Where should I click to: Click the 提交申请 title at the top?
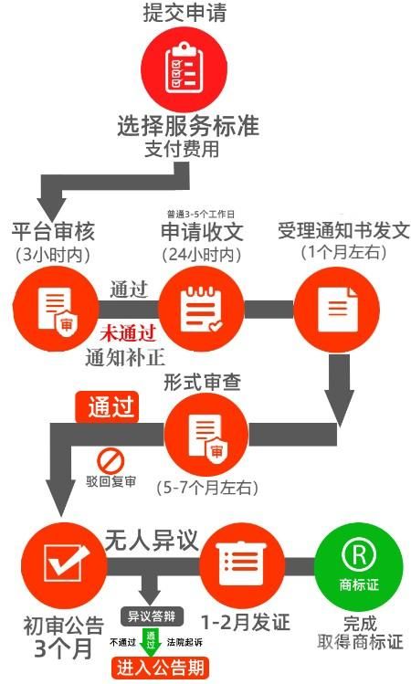pyautogui.click(x=185, y=12)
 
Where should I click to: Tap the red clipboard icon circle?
pyautogui.click(x=184, y=68)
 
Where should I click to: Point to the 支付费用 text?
pyautogui.click(x=182, y=149)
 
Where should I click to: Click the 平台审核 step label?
pyautogui.click(x=53, y=231)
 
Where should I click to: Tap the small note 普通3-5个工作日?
pyautogui.click(x=201, y=214)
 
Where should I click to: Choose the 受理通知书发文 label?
pyautogui.click(x=343, y=231)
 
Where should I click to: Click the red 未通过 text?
pyautogui.click(x=128, y=334)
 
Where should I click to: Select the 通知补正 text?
pyautogui.click(x=125, y=358)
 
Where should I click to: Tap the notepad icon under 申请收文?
pyautogui.click(x=201, y=309)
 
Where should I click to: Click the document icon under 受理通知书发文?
pyautogui.click(x=337, y=310)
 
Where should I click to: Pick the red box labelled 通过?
pyautogui.click(x=107, y=407)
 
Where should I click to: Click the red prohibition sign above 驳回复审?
pyautogui.click(x=111, y=461)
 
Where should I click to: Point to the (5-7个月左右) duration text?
pyautogui.click(x=207, y=488)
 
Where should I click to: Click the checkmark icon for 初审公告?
pyautogui.click(x=65, y=566)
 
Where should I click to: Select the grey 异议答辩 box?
pyautogui.click(x=152, y=616)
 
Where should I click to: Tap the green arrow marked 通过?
pyautogui.click(x=151, y=642)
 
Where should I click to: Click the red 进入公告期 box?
pyautogui.click(x=160, y=668)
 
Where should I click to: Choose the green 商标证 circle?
pyautogui.click(x=359, y=567)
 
